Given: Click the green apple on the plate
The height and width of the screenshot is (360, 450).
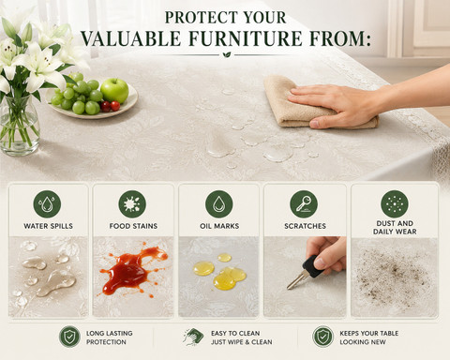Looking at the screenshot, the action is pos(114,90).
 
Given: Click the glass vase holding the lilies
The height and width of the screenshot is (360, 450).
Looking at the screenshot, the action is pos(19,127).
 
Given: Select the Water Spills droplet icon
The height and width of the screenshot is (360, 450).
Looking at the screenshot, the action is pos(47,204).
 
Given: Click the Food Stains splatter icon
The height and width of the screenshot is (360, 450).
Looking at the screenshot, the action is pos(132,204).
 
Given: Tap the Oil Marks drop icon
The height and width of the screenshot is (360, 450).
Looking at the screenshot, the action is pos(219,204).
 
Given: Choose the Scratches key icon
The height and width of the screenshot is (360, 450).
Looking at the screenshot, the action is pos(304,204).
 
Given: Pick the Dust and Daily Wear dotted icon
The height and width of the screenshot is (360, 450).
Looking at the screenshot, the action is pos(395,204).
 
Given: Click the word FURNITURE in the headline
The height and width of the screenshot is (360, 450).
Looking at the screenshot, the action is pos(246,38).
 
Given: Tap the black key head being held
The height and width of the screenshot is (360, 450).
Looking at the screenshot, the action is pos(313,266).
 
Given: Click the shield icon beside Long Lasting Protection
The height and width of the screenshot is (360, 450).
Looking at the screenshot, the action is pos(69,337).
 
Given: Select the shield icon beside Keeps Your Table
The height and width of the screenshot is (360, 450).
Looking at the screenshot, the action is pos(322,337).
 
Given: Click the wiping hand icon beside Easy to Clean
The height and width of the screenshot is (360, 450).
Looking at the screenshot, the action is pos(193,337).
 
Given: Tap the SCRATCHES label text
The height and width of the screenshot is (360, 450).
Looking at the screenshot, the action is pos(305,226).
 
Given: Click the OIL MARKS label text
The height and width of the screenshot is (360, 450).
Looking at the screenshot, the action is pos(219,226).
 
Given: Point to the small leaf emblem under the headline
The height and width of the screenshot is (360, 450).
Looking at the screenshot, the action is pos(227,55).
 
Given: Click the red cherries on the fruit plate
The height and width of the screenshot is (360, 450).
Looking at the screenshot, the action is pos(111,106).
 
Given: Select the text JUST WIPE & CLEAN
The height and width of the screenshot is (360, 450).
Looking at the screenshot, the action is pos(241,342).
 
